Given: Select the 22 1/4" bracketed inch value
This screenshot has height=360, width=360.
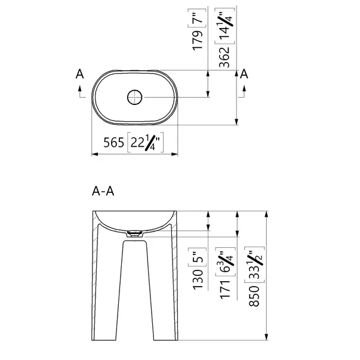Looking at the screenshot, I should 145,142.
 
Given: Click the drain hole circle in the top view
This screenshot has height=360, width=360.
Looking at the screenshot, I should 135,97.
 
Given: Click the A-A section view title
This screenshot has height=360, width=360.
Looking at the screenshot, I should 103,191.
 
